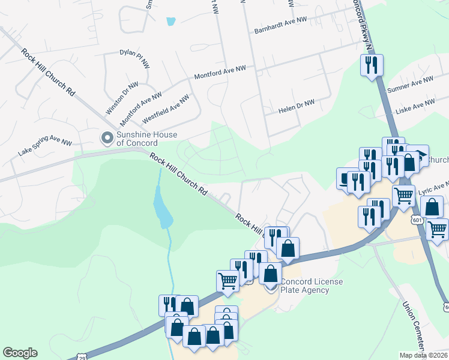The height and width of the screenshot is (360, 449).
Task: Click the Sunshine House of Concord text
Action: [137, 139]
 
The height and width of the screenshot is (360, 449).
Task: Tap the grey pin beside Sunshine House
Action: [107, 139]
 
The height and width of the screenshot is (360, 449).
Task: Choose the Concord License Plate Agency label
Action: [305, 286]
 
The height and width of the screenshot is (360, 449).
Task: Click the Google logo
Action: [20, 353]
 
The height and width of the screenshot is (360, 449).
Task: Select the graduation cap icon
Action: [418, 155]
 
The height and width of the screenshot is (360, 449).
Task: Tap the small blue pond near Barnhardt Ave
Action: [171, 21]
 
